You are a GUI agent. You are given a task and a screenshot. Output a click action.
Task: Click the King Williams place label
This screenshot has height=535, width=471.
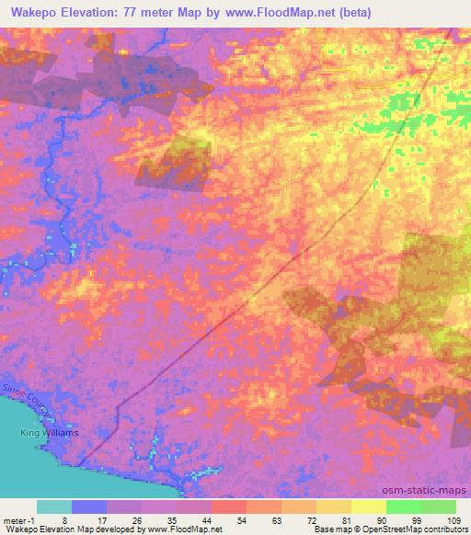pyautogui.click(x=50, y=432)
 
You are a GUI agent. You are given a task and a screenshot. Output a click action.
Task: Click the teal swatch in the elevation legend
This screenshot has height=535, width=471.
pyautogui.click(x=54, y=507)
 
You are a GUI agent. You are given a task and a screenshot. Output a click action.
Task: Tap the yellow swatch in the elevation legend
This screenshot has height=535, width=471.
pyautogui.click(x=368, y=507)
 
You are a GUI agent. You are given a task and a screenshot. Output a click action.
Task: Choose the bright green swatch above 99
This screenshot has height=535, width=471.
pyautogui.click(x=403, y=507)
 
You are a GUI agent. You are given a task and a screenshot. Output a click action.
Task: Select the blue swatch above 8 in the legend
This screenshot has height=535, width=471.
pyautogui.click(x=89, y=507)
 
